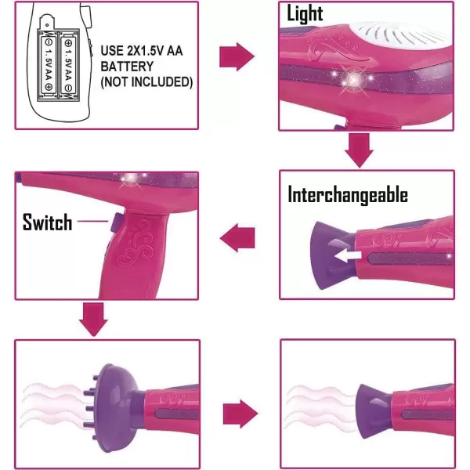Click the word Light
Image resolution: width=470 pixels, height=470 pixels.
coord(305,13)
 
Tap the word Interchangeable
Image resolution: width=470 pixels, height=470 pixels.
coord(348,195)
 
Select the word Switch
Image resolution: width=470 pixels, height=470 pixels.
coord(47,222)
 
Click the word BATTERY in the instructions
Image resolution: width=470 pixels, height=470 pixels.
coord(127,67)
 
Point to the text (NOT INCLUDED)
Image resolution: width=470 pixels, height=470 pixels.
coord(146,81)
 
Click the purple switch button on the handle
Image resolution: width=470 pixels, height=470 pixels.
coord(114,222)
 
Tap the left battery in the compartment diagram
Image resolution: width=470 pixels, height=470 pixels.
coord(49,65)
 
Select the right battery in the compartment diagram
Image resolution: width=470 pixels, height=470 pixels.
coord(69,65)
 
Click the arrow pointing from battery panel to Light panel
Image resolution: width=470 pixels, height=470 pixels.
coord(237,56)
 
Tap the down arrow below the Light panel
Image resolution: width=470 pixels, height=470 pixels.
coord(359,150)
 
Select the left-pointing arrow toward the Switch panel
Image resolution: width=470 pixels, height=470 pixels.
coord(237,237)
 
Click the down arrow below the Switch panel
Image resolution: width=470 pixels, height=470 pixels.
coord(93,320)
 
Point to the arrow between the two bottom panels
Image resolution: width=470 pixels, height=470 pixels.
coord(240,414)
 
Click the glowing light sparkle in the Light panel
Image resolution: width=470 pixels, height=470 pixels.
coord(353,79)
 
